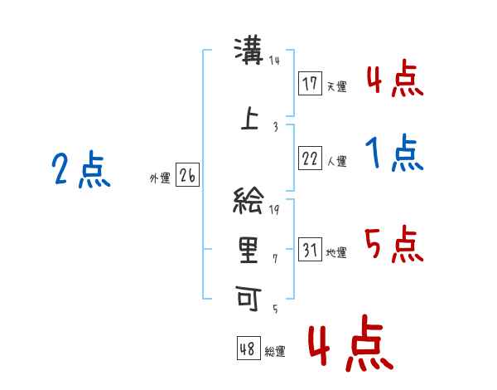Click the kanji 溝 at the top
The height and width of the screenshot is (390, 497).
249,52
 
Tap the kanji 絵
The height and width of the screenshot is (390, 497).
249,202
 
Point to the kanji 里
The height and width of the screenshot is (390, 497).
249,249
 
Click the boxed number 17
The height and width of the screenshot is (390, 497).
310,84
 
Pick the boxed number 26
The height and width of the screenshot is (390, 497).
187,176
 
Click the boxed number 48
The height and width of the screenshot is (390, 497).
248,349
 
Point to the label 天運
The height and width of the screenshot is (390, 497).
336,86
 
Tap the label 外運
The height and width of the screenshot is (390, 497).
160,178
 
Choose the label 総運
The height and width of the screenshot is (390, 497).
275,351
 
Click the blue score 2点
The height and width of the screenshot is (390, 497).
81,171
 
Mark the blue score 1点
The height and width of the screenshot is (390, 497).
394,154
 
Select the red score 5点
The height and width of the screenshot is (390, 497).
394,246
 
